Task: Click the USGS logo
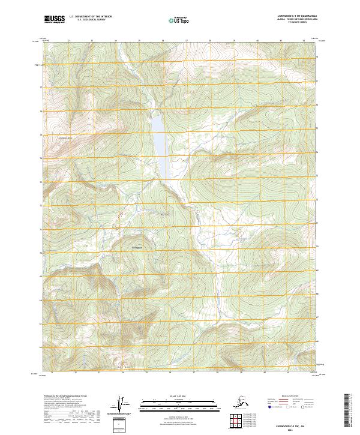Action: pos(54,20)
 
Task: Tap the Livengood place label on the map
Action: pos(136,246)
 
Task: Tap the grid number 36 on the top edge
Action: pos(162,41)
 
